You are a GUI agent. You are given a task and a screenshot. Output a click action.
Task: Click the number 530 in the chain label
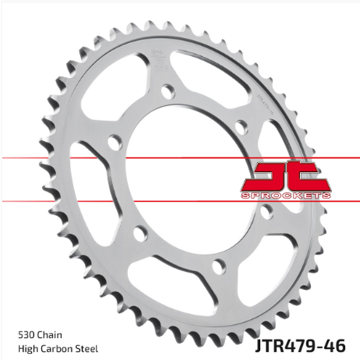pyautogui.click(x=26, y=335)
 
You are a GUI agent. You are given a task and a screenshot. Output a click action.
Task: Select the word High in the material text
pyautogui.click(x=27, y=349)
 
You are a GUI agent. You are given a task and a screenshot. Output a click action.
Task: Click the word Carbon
pyautogui.click(x=53, y=349)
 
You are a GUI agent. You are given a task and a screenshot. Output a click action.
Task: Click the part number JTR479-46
pyautogui.click(x=300, y=346)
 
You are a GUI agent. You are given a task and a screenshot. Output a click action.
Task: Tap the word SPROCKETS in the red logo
pyautogui.click(x=286, y=196)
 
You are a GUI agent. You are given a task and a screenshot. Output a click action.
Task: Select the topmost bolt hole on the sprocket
pyautogui.click(x=168, y=91)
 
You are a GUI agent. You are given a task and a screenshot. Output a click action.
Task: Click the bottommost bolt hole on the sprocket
pyautogui.click(x=219, y=266)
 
